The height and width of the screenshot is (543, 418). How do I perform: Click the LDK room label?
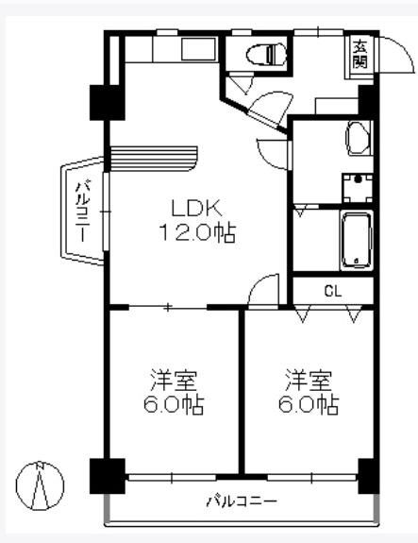[196, 209]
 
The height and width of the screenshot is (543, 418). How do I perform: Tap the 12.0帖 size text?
[196, 233]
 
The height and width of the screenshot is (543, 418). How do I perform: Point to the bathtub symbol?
[357, 239]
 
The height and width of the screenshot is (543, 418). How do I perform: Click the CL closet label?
[332, 290]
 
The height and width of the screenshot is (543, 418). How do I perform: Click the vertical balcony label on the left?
[83, 211]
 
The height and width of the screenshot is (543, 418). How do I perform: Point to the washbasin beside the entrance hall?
[357, 138]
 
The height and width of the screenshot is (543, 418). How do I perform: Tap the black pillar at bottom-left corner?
[105, 475]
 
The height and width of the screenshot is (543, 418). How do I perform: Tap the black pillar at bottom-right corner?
[368, 475]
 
